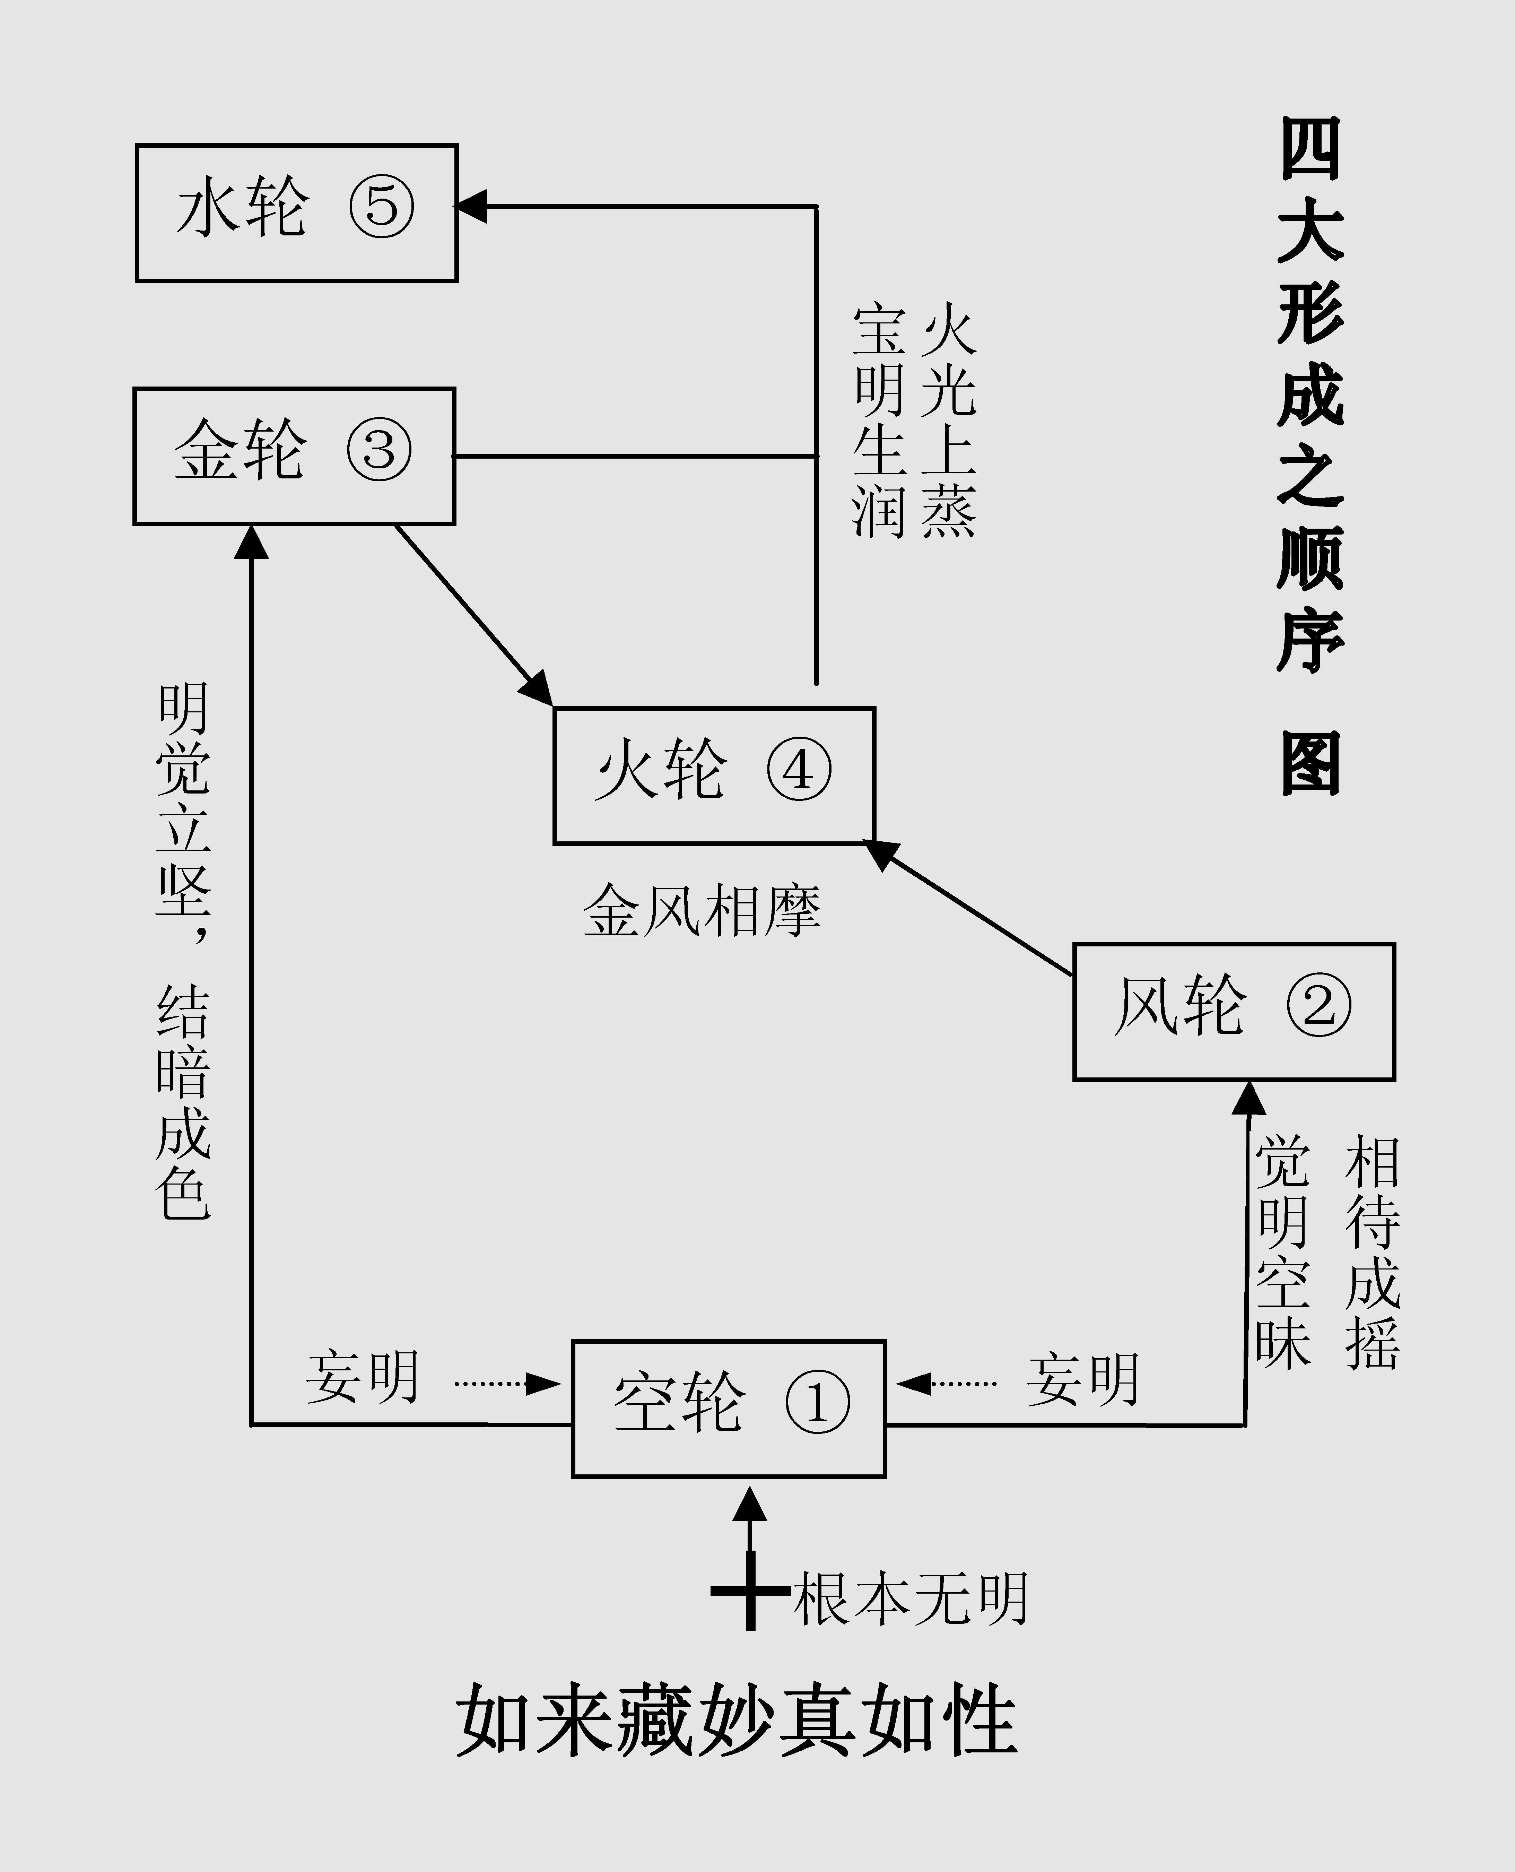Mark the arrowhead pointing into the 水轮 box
[x=471, y=207]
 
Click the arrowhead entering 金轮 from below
[x=252, y=541]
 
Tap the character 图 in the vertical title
[x=1311, y=763]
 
